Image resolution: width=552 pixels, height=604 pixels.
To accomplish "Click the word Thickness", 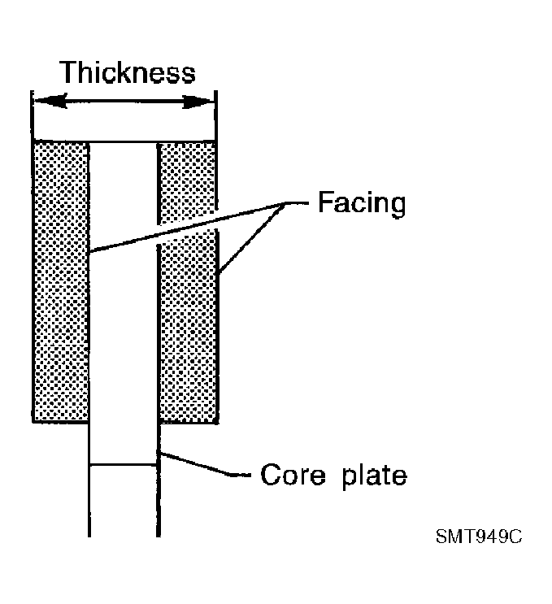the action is tap(128, 72).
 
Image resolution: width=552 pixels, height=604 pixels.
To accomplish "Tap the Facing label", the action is tap(362, 203).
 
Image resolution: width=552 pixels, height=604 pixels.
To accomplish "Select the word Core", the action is tap(293, 474).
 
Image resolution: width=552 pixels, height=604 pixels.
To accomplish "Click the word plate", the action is tap(374, 476).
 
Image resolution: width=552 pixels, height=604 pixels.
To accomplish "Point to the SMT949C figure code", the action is tap(479, 536).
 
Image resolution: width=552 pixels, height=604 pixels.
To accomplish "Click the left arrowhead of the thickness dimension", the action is tap(51, 102).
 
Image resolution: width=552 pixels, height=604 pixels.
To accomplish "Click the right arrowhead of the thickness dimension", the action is tap(198, 102).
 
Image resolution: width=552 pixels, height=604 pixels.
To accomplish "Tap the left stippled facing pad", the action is tap(61, 282).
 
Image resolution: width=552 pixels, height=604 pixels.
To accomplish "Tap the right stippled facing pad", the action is tap(188, 282).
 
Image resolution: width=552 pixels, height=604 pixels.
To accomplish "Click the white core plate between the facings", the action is tap(124, 282).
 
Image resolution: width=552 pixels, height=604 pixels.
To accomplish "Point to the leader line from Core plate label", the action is tap(204, 464).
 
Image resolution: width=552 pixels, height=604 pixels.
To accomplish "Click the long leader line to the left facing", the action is tap(188, 228).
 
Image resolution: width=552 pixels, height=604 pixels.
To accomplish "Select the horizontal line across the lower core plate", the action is tap(124, 465).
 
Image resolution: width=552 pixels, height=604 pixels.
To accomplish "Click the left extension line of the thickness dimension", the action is tap(33, 116).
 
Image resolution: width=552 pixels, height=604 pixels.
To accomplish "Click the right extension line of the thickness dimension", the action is tap(215, 116).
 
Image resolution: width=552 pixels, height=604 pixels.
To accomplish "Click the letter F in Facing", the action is tap(326, 202).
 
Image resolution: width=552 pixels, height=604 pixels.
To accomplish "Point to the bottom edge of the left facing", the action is tap(60, 422).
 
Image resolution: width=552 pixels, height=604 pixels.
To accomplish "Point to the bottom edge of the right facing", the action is tap(189, 422).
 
